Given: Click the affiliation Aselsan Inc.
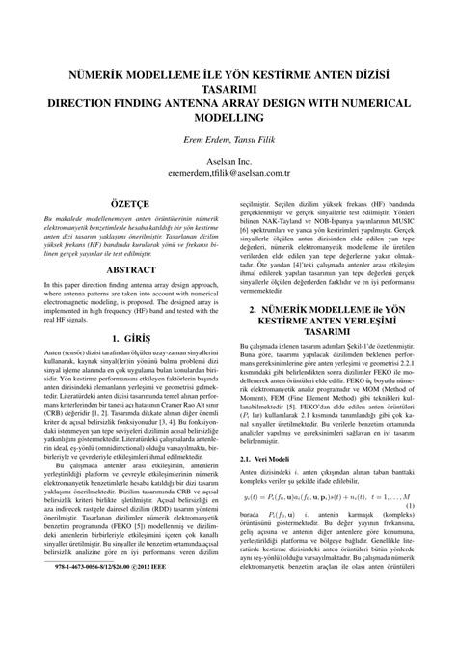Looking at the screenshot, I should pyautogui.click(x=228, y=160).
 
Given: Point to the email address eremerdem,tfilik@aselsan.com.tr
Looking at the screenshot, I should pyautogui.click(x=228, y=174).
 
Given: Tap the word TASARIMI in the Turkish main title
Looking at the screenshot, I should pyautogui.click(x=228, y=85).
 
